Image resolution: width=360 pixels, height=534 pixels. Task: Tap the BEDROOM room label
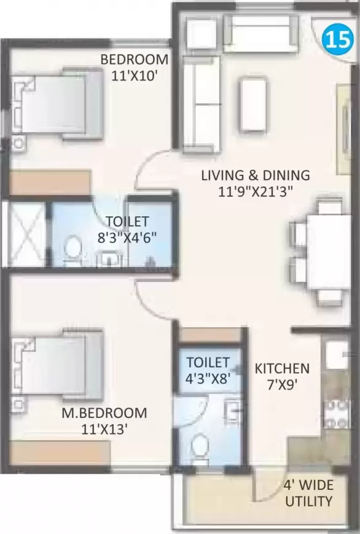[x=135, y=60]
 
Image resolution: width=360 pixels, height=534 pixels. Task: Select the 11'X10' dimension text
[x=135, y=75]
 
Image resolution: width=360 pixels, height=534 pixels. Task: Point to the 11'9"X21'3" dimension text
[x=256, y=191]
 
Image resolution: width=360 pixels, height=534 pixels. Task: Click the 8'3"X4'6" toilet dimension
[x=127, y=237]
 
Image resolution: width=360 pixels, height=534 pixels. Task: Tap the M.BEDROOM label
[x=104, y=412]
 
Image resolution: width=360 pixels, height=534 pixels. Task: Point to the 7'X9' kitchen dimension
[x=282, y=387]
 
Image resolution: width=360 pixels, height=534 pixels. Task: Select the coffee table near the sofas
[x=254, y=106]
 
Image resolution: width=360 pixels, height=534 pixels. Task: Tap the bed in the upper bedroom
[x=58, y=103]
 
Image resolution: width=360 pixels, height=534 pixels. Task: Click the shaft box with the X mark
[x=25, y=233]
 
